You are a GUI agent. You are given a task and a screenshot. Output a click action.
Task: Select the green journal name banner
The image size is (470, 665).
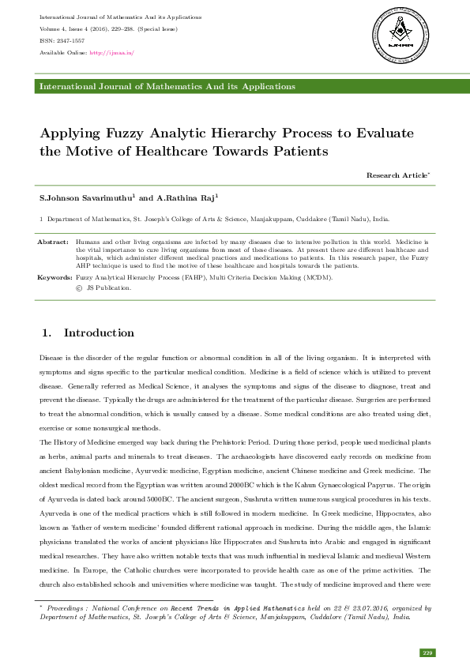235,86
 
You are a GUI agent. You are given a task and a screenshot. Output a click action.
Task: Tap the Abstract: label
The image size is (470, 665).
53,240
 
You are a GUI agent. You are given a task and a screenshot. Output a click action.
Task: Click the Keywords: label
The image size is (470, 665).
55,279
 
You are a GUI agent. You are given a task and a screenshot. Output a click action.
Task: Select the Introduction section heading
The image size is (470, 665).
99,332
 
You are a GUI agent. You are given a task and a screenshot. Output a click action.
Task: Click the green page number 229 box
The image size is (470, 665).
427,652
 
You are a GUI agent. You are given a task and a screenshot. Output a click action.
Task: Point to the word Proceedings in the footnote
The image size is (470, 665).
67,609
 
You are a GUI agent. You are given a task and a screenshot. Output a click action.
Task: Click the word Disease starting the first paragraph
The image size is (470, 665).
52,359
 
